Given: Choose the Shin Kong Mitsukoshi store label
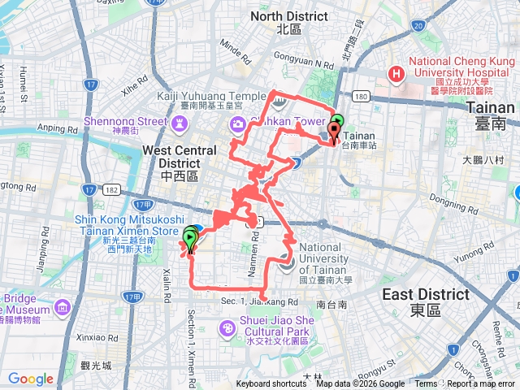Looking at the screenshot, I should tap(126, 225).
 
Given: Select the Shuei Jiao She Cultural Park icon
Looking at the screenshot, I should tap(229, 327).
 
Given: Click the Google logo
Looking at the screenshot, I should tap(30, 379).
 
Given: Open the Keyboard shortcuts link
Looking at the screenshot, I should tap(271, 384).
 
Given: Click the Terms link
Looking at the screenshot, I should tap(426, 384).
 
